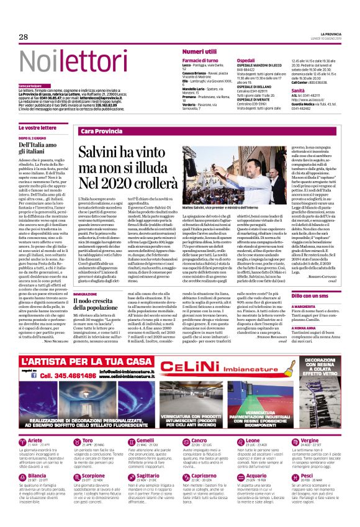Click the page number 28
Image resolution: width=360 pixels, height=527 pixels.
(x=24, y=37)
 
